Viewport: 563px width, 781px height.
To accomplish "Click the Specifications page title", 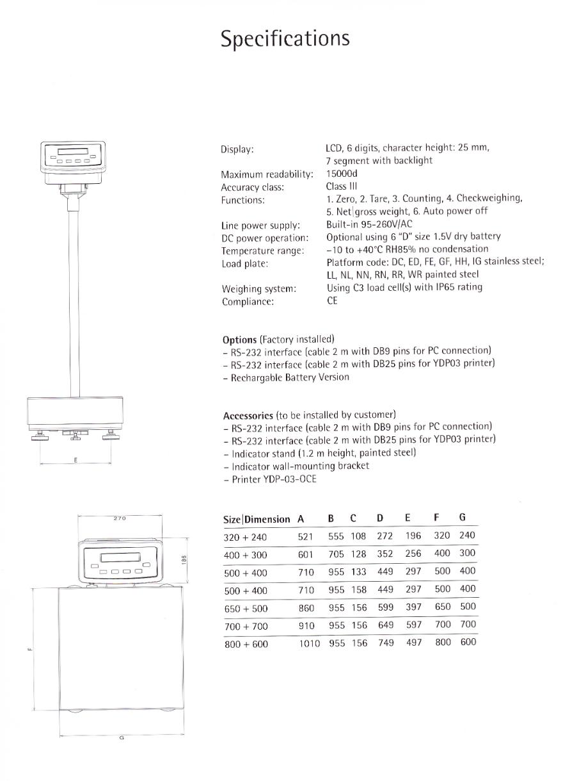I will point(285,38).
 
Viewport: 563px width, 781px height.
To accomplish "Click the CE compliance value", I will point(332,300).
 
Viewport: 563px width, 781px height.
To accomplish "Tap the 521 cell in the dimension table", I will point(306,536).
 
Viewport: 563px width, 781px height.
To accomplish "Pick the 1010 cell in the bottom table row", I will point(310,643).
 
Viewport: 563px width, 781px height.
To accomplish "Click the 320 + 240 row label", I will point(246,537).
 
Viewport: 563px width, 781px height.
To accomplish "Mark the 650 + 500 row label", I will point(246,609).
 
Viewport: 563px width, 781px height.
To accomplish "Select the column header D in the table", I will point(380,518).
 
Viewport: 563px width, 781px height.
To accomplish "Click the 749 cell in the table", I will point(386,643).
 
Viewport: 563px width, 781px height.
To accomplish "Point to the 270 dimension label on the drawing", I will point(120,518).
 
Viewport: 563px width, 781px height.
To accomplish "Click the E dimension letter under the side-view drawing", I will point(75,460).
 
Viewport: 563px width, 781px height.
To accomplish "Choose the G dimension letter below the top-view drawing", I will point(122,738).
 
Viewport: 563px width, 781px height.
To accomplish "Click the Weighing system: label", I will point(258,289).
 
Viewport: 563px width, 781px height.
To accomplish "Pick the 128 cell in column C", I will point(359,554).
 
